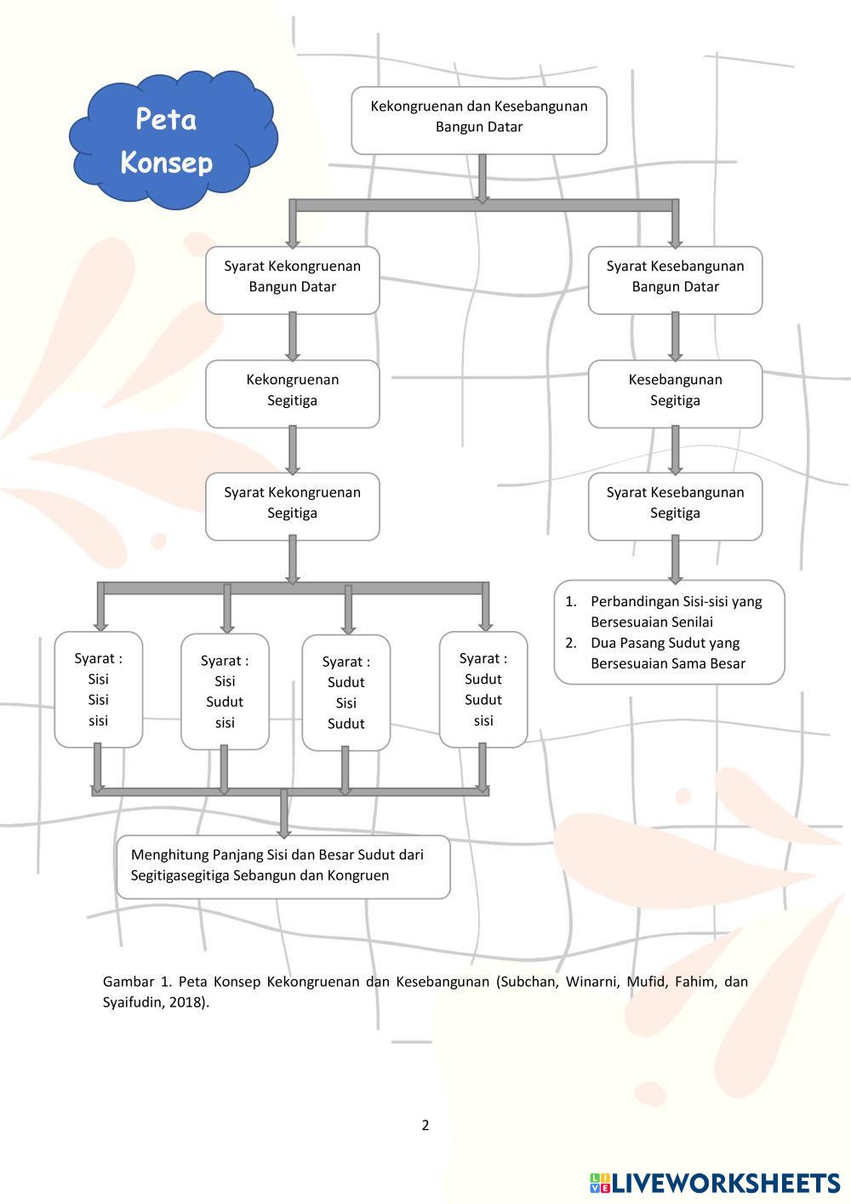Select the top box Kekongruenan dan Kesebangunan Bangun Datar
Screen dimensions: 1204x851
pyautogui.click(x=479, y=120)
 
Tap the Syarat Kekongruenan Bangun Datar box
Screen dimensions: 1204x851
pyautogui.click(x=292, y=280)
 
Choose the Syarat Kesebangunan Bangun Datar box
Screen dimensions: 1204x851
pyautogui.click(x=675, y=280)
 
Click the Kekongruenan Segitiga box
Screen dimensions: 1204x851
pyautogui.click(x=292, y=393)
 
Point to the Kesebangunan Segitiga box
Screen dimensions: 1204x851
pyautogui.click(x=675, y=393)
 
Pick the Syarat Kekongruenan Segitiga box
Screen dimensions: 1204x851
pyautogui.click(x=292, y=506)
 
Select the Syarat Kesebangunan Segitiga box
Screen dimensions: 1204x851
pyautogui.click(x=675, y=506)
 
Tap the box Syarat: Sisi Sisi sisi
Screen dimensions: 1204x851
pyautogui.click(x=99, y=690)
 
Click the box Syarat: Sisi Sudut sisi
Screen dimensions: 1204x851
pyautogui.click(x=225, y=691)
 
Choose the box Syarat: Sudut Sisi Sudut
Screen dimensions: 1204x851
pyautogui.click(x=346, y=693)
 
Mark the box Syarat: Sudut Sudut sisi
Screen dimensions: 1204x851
pyautogui.click(x=483, y=690)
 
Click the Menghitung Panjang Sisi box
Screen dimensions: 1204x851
pyautogui.click(x=283, y=866)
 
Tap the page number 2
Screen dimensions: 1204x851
pyautogui.click(x=425, y=1125)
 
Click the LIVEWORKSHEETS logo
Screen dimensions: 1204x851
pyautogui.click(x=714, y=1183)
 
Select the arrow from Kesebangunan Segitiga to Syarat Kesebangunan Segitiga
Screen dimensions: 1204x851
pyautogui.click(x=675, y=450)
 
